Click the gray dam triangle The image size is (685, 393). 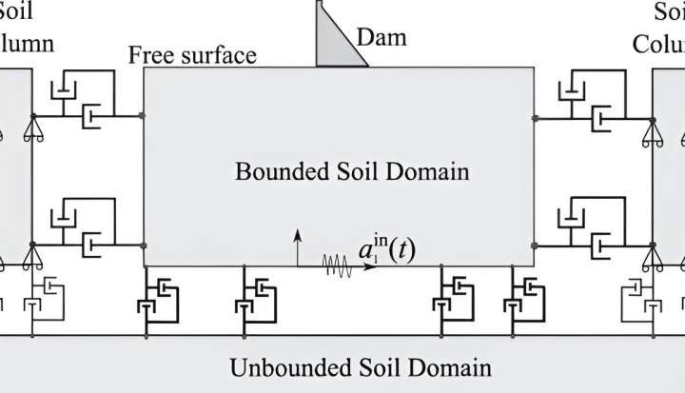click(x=332, y=43)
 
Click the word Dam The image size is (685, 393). click(x=382, y=37)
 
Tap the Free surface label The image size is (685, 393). click(x=193, y=54)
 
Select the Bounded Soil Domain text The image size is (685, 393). click(x=352, y=172)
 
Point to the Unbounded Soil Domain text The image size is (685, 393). click(x=361, y=367)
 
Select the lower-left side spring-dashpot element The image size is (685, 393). click(x=87, y=228)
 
